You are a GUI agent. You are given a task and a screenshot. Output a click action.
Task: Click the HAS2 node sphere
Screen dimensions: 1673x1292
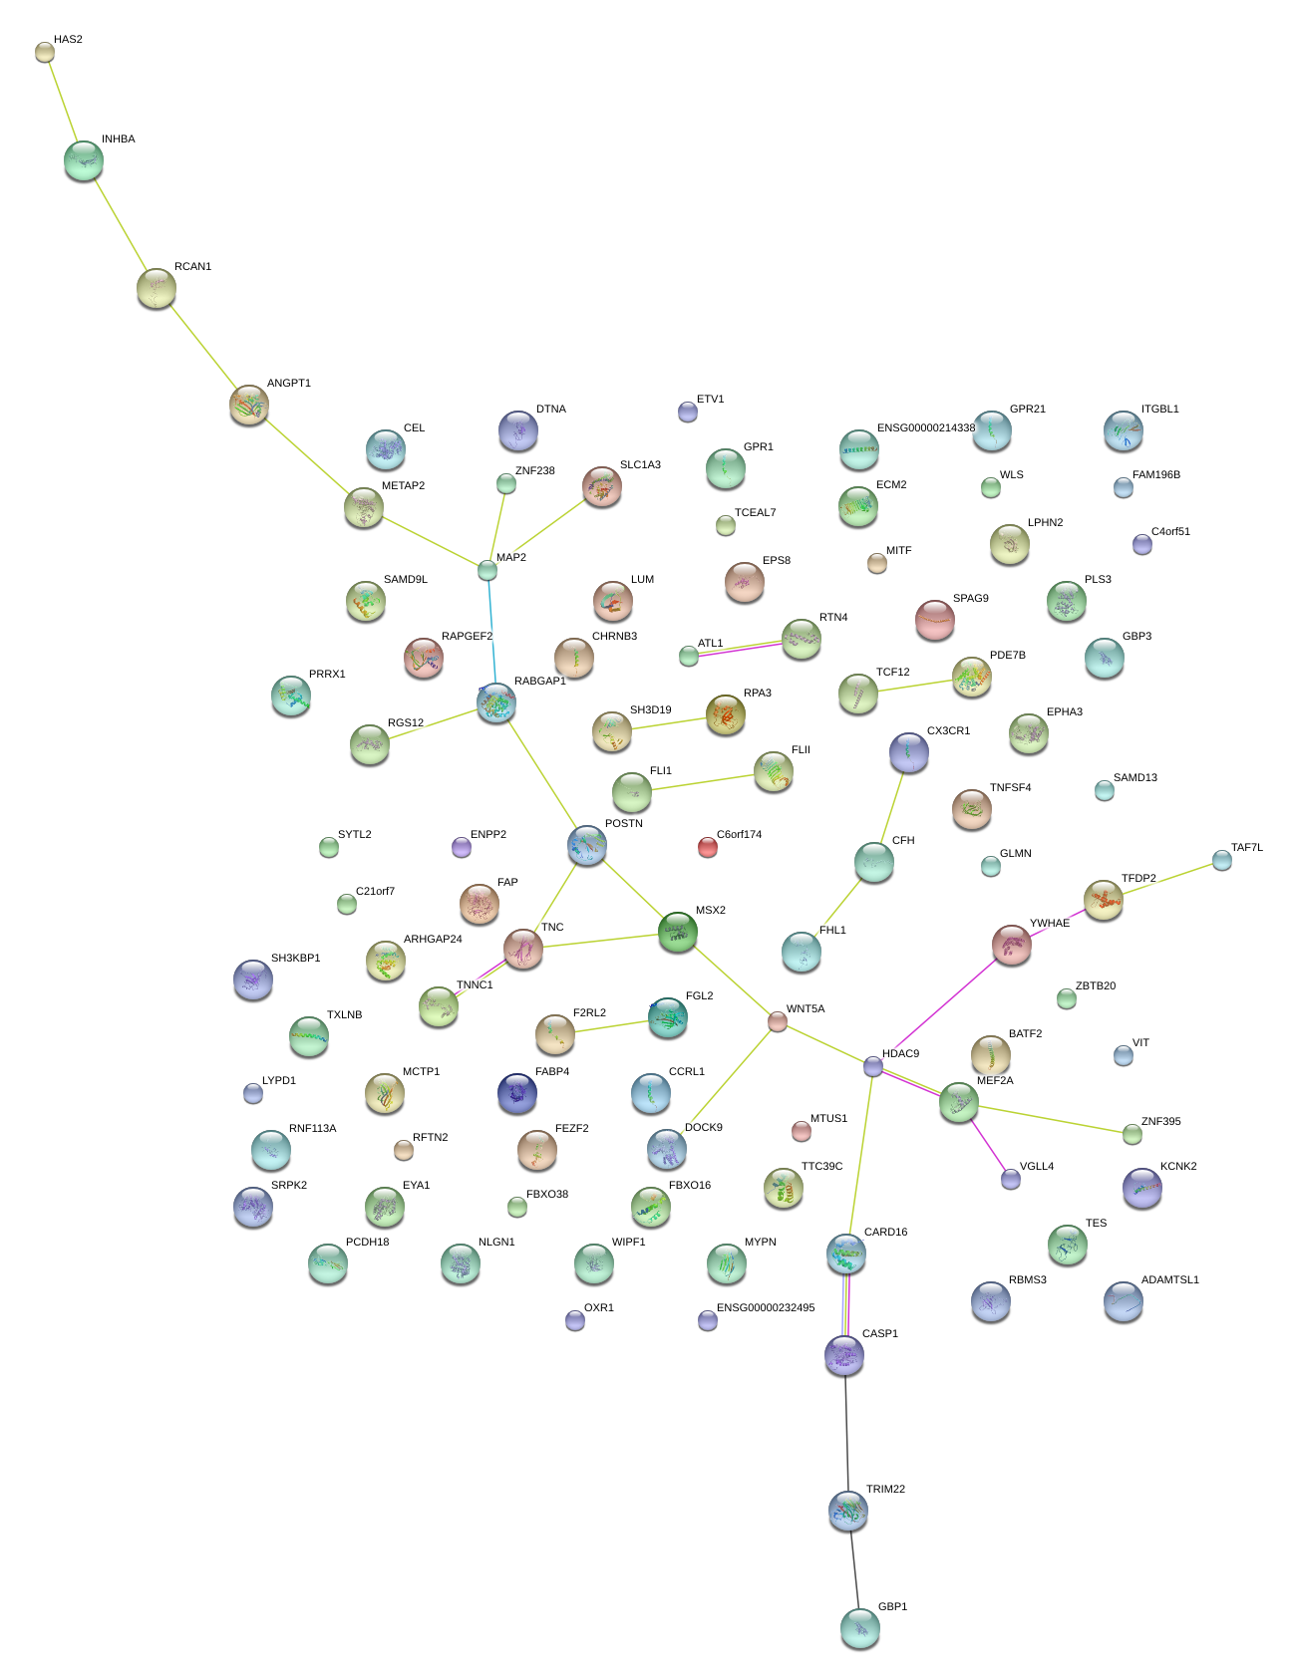(44, 52)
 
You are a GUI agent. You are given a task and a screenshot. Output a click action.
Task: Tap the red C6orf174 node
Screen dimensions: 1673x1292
(707, 848)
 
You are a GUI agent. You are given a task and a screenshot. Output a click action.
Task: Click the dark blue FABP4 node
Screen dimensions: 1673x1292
(516, 1093)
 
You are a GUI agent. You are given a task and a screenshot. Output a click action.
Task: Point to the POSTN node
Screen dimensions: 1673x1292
(587, 845)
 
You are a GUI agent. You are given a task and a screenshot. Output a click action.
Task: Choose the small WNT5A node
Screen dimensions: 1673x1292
(778, 1021)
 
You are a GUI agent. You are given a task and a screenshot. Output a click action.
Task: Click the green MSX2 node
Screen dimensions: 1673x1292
(678, 932)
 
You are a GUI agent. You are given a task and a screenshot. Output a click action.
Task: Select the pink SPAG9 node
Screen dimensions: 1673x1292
(934, 620)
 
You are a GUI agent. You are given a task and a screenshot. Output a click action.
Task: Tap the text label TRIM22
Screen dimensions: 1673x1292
(885, 1490)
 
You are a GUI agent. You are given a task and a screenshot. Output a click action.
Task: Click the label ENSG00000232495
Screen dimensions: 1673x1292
(766, 1308)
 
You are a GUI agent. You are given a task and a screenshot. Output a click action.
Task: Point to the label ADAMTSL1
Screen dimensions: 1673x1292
(1170, 1280)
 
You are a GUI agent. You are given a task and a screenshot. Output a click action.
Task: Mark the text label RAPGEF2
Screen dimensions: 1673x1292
(467, 637)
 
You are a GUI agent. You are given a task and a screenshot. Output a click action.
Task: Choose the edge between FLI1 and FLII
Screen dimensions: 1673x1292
(702, 782)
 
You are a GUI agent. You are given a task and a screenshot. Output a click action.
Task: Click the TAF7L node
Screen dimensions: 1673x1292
(1222, 860)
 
